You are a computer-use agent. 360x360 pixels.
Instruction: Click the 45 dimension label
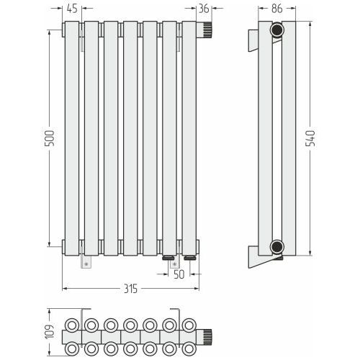click(72, 9)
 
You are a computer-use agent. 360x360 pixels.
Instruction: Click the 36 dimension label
click(204, 9)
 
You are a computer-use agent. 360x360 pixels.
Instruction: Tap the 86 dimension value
click(277, 9)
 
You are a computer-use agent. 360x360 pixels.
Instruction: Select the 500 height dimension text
click(50, 138)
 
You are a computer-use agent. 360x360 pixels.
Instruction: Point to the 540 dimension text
click(310, 138)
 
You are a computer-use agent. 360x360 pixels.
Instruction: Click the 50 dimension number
click(179, 274)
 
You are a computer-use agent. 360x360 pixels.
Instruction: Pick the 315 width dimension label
click(131, 289)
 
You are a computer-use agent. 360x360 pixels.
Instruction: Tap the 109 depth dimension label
click(50, 332)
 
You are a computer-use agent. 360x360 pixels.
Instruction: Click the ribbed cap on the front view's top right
click(204, 30)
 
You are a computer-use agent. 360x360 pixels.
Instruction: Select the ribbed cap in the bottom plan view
click(204, 337)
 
